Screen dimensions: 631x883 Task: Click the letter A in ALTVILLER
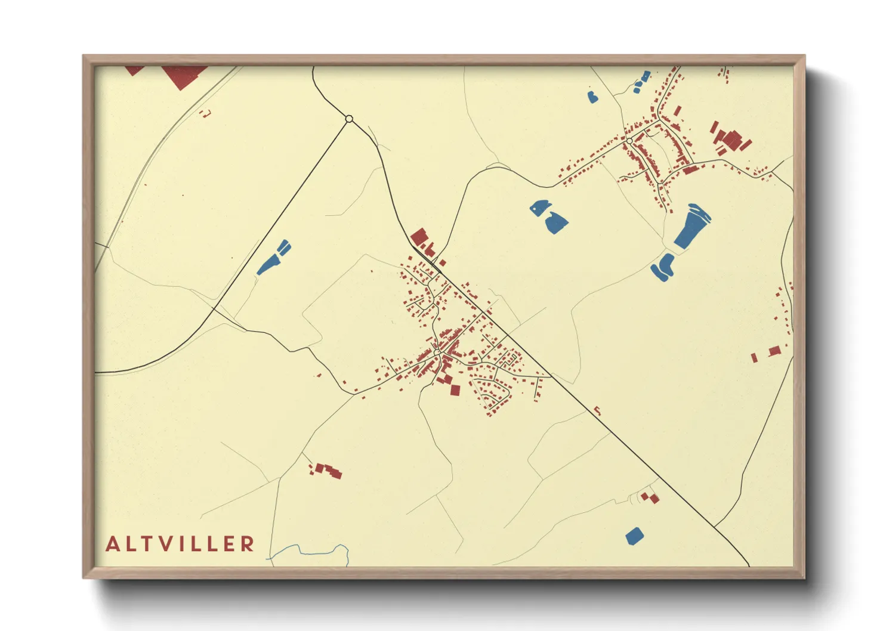pyautogui.click(x=112, y=544)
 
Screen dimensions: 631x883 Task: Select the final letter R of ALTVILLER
pyautogui.click(x=248, y=544)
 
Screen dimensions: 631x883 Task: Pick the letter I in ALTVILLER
pyautogui.click(x=179, y=544)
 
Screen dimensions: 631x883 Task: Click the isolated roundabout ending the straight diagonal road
pyautogui.click(x=349, y=119)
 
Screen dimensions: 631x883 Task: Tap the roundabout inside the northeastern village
pyautogui.click(x=629, y=141)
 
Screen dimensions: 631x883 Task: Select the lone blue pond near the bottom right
pyautogui.click(x=634, y=536)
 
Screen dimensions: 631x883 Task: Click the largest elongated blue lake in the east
pyautogui.click(x=691, y=227)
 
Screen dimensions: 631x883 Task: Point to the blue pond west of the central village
pyautogui.click(x=273, y=258)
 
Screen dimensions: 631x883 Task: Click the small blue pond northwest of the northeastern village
pyautogui.click(x=592, y=97)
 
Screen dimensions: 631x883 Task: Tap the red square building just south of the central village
pyautogui.click(x=455, y=390)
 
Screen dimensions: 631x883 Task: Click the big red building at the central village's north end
pyautogui.click(x=419, y=236)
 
